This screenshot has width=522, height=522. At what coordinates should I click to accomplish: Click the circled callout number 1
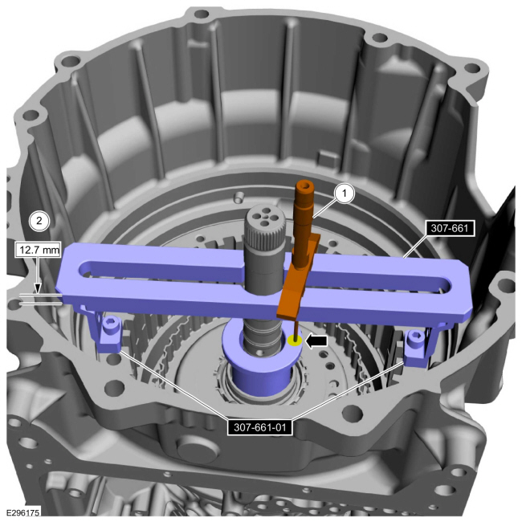(x=345, y=193)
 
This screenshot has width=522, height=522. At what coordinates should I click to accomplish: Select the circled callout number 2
(x=39, y=220)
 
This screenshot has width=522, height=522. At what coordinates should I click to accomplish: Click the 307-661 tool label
(x=450, y=228)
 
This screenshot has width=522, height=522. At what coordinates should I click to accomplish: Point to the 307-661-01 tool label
(x=260, y=427)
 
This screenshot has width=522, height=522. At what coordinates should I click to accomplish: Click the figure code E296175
(x=22, y=512)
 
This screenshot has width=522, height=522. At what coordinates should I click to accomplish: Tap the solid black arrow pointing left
(x=316, y=341)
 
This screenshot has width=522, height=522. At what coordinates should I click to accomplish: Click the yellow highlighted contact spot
(x=295, y=341)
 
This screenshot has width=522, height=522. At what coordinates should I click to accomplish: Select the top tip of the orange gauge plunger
(x=305, y=181)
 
